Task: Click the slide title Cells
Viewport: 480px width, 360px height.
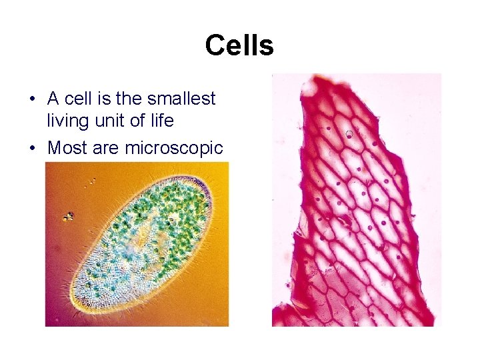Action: (x=239, y=46)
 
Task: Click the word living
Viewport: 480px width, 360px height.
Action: (x=65, y=121)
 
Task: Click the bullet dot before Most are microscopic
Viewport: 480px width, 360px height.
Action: (x=32, y=148)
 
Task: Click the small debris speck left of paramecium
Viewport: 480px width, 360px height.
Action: (x=67, y=216)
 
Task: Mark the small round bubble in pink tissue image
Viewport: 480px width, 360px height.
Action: (x=349, y=134)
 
